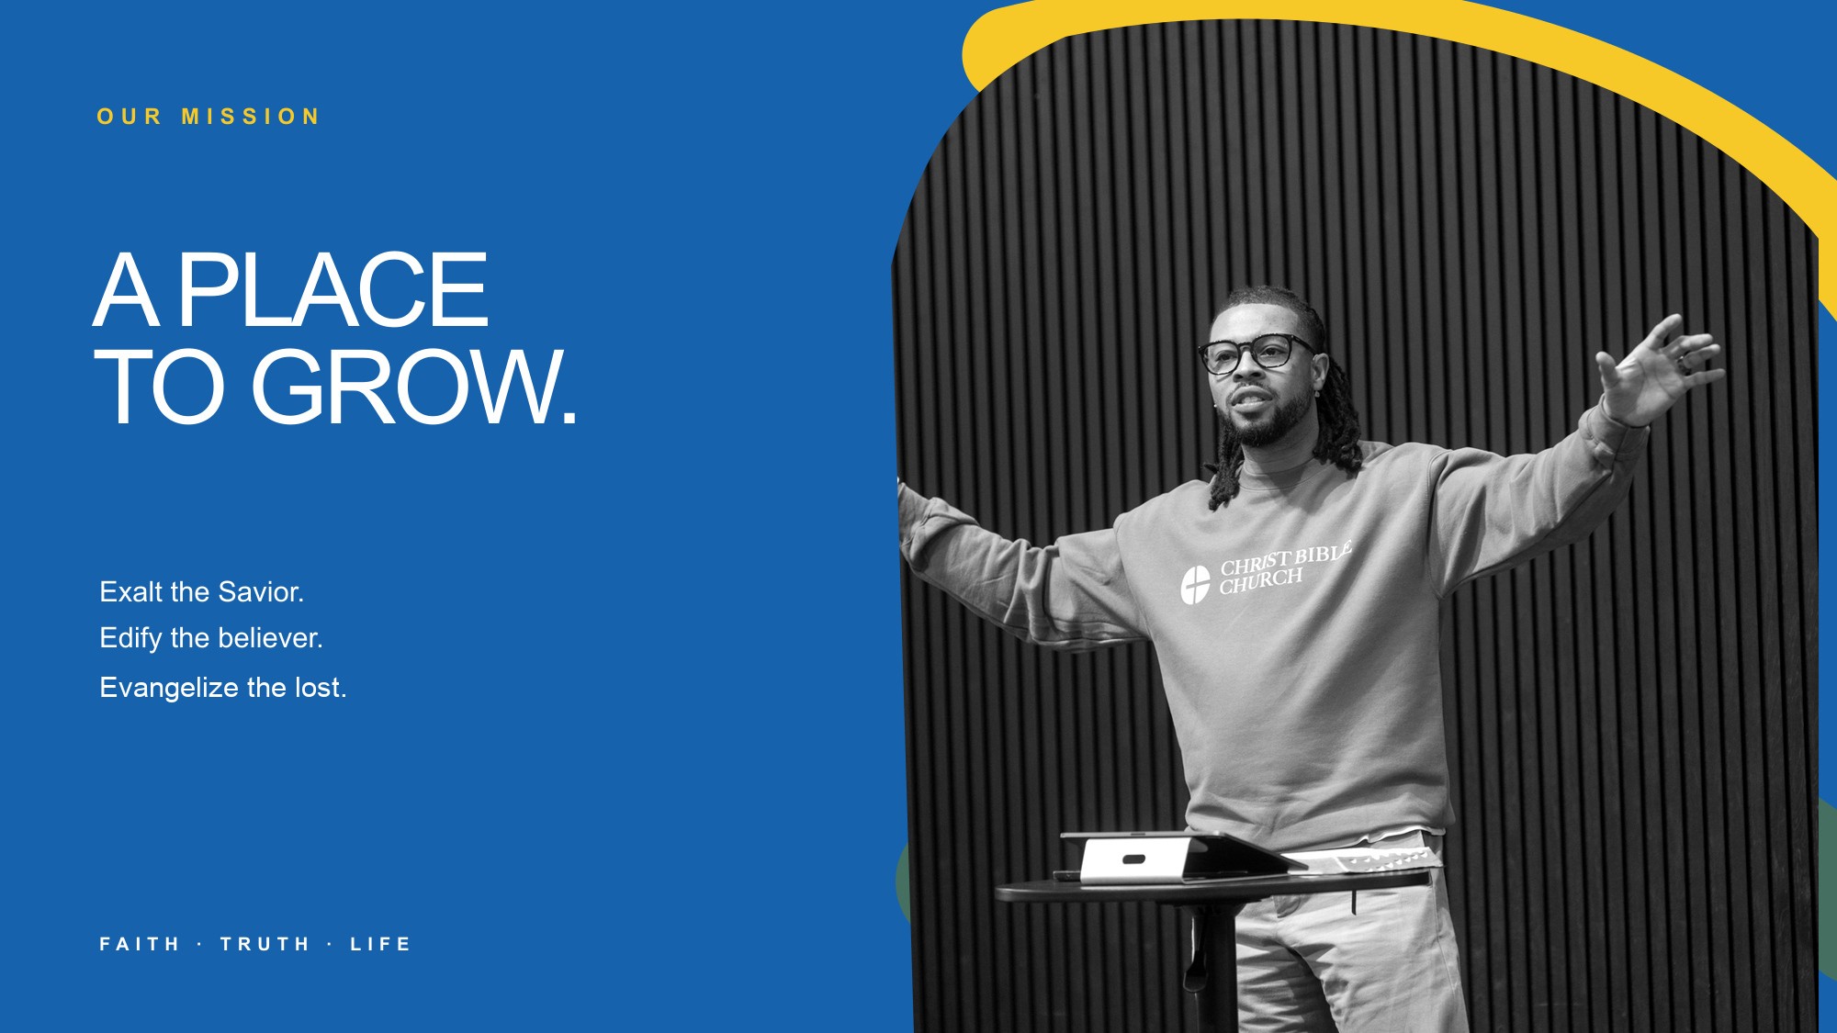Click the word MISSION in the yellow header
[x=251, y=117]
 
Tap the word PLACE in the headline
[x=332, y=291]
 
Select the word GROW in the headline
[x=405, y=387]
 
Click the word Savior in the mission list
[x=261, y=592]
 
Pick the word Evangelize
[x=169, y=688]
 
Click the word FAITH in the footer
[x=140, y=944]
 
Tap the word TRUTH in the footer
[x=265, y=944]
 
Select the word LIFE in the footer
[x=380, y=944]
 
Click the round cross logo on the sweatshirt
[x=1195, y=585]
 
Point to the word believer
[x=270, y=638]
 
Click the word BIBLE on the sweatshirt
[x=1323, y=554]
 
